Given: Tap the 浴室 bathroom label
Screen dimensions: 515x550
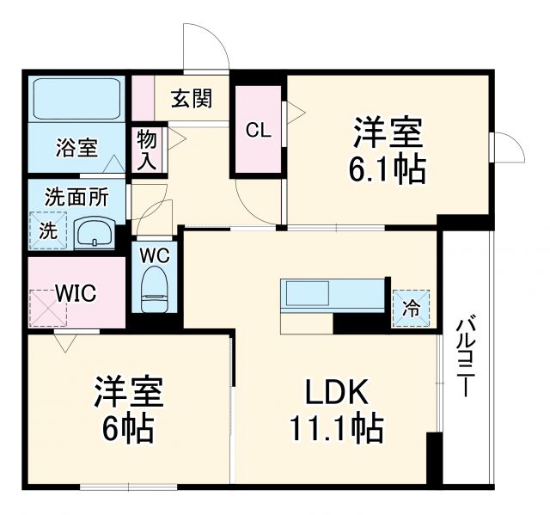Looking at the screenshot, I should [77, 147].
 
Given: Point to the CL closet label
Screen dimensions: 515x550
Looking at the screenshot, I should [259, 131].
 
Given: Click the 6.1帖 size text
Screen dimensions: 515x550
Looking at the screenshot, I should [387, 169].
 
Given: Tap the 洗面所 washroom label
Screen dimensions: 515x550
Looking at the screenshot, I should [76, 197].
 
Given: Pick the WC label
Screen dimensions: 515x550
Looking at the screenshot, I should [155, 255].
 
